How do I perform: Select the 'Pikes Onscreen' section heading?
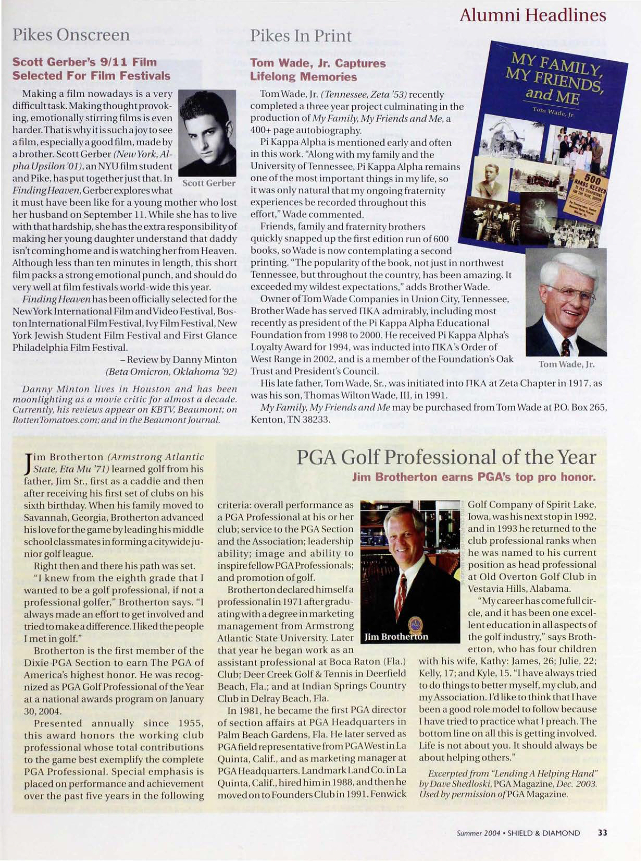pos(71,35)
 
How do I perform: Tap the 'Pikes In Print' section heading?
pos(301,36)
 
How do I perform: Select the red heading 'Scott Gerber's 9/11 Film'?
pos(85,62)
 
